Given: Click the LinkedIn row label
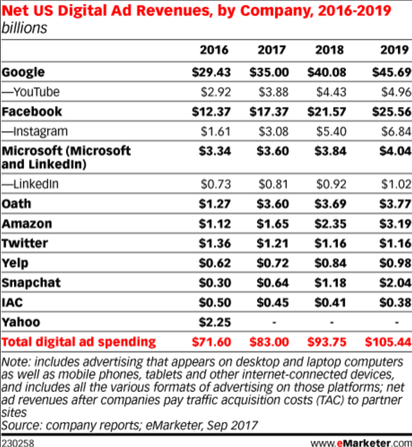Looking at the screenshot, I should (x=30, y=184).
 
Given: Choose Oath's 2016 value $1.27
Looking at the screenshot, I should (x=213, y=204).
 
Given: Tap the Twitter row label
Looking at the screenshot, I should (x=25, y=243).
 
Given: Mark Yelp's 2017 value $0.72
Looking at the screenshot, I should (x=271, y=263).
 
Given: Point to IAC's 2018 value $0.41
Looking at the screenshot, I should (x=332, y=303).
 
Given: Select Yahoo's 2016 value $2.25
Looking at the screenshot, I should (x=213, y=322).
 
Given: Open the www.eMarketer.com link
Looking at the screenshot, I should (x=361, y=442).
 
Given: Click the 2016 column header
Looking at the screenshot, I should (x=213, y=50).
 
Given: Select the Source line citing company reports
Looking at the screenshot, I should (x=129, y=425).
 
